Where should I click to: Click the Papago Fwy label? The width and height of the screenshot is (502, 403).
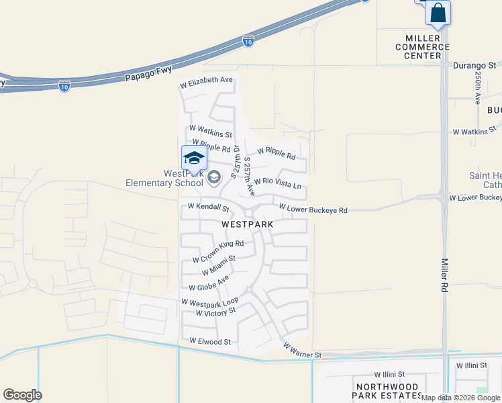coord(148,73)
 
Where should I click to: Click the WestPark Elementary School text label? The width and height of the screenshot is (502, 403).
coord(164,178)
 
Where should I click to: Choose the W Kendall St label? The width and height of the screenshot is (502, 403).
coord(209,207)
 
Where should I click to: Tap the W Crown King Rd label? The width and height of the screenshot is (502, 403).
coord(217,251)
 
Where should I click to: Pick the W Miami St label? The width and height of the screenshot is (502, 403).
coord(218,265)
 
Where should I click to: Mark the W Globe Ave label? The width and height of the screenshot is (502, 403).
coord(209,283)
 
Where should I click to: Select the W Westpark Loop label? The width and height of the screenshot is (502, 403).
coord(209,302)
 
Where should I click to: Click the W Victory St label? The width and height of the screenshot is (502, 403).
coord(215,312)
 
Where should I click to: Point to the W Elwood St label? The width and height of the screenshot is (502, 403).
coord(210,341)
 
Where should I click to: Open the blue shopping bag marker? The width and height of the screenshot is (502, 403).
coord(438,13)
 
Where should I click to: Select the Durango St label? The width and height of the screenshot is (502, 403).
coord(474,66)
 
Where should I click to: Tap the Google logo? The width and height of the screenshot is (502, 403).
coord(22,395)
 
